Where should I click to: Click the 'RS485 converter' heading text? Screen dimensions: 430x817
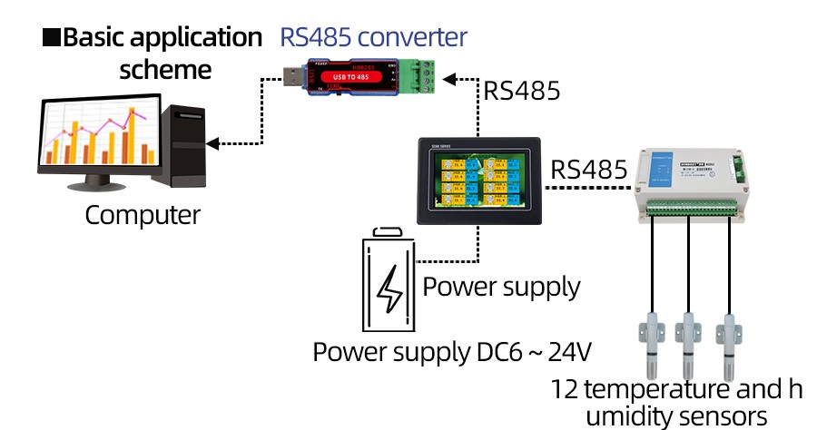point(373,37)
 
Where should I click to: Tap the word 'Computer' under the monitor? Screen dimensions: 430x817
point(143,215)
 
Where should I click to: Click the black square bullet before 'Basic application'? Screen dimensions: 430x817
point(52,38)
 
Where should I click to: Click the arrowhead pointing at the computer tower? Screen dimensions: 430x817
point(212,143)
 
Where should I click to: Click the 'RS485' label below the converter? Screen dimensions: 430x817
point(521,91)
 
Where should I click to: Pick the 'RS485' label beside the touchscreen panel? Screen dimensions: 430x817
point(589,170)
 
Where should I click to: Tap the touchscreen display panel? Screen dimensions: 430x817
point(477,181)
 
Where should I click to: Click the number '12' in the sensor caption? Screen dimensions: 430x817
point(565,389)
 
